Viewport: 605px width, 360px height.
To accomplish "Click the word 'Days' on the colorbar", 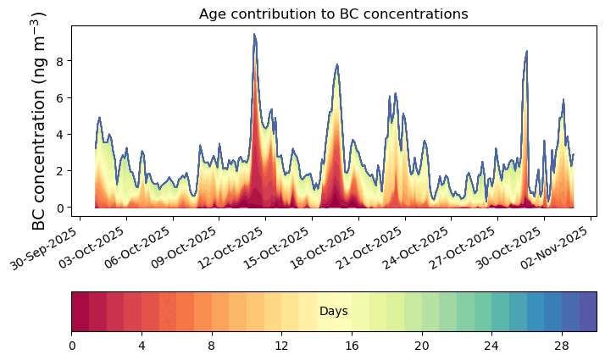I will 334,312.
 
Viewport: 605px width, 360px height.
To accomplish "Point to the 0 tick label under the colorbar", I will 72,346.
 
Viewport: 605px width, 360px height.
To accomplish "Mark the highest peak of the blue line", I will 254,35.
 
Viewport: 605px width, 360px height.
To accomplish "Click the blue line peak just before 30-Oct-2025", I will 526,51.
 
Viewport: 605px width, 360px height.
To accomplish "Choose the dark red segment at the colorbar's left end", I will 80,312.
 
